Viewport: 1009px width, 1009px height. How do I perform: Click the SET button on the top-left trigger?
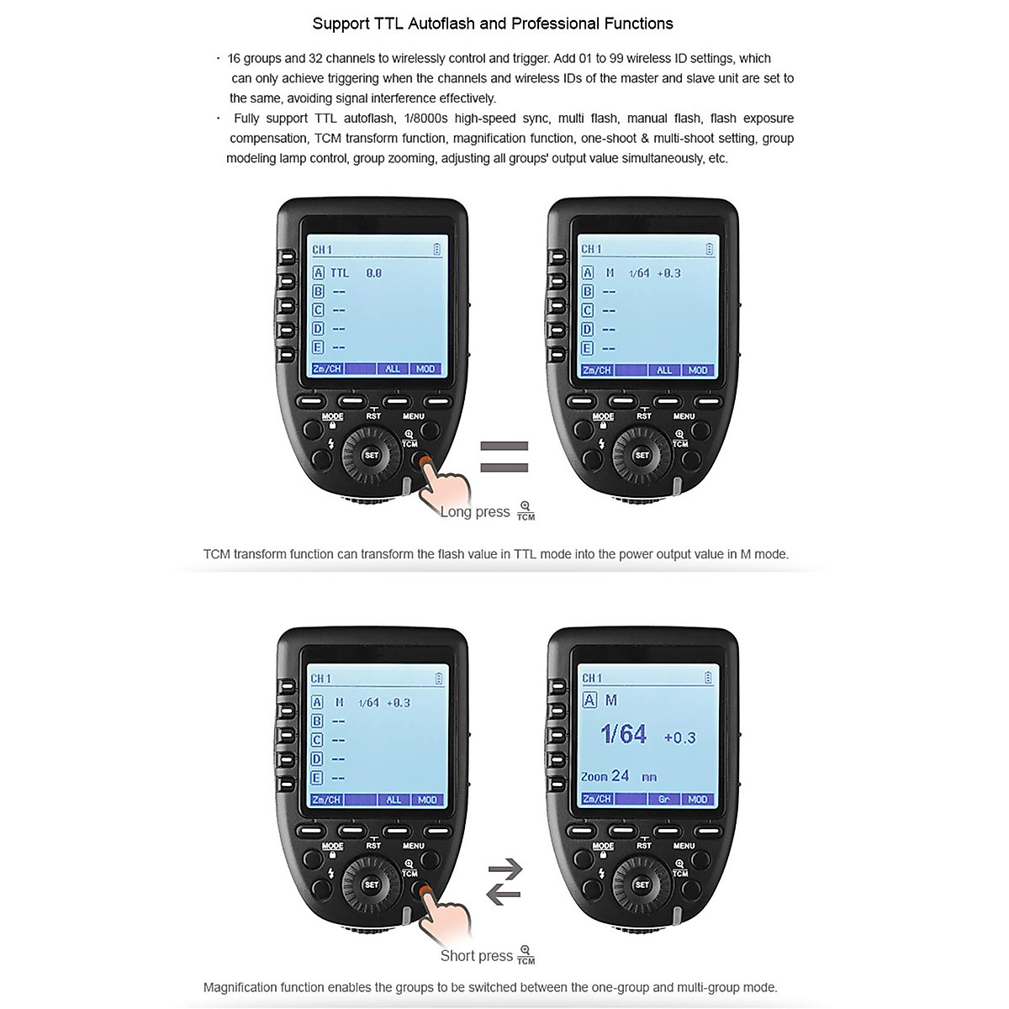click(x=371, y=456)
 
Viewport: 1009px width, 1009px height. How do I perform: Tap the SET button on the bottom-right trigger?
click(x=642, y=885)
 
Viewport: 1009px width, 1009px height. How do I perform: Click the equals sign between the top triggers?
click(x=504, y=457)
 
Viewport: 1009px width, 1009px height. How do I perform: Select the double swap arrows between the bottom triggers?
click(x=504, y=881)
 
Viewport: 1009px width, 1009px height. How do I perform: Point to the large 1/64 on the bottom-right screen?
click(x=623, y=734)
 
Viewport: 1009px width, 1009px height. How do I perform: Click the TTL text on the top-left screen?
click(x=339, y=273)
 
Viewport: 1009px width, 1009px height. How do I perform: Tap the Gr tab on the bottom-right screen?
click(x=663, y=799)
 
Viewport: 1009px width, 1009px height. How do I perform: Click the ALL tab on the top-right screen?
click(x=664, y=370)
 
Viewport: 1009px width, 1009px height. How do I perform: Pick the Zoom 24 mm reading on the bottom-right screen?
click(x=618, y=776)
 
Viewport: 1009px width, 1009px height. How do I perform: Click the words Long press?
click(x=475, y=512)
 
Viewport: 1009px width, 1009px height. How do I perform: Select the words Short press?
click(x=476, y=956)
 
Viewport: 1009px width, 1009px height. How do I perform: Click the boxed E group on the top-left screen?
click(x=318, y=347)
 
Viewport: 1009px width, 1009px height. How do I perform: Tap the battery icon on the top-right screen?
click(x=709, y=249)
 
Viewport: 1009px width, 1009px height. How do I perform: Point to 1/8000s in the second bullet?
click(x=426, y=119)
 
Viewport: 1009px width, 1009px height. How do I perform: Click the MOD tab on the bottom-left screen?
click(x=427, y=800)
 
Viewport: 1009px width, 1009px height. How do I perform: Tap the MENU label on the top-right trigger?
click(x=684, y=416)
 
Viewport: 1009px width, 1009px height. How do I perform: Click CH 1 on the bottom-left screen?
click(x=321, y=679)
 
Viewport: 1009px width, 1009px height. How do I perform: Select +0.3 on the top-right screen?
click(x=668, y=273)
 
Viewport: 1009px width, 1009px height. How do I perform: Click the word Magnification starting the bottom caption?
click(x=242, y=987)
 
